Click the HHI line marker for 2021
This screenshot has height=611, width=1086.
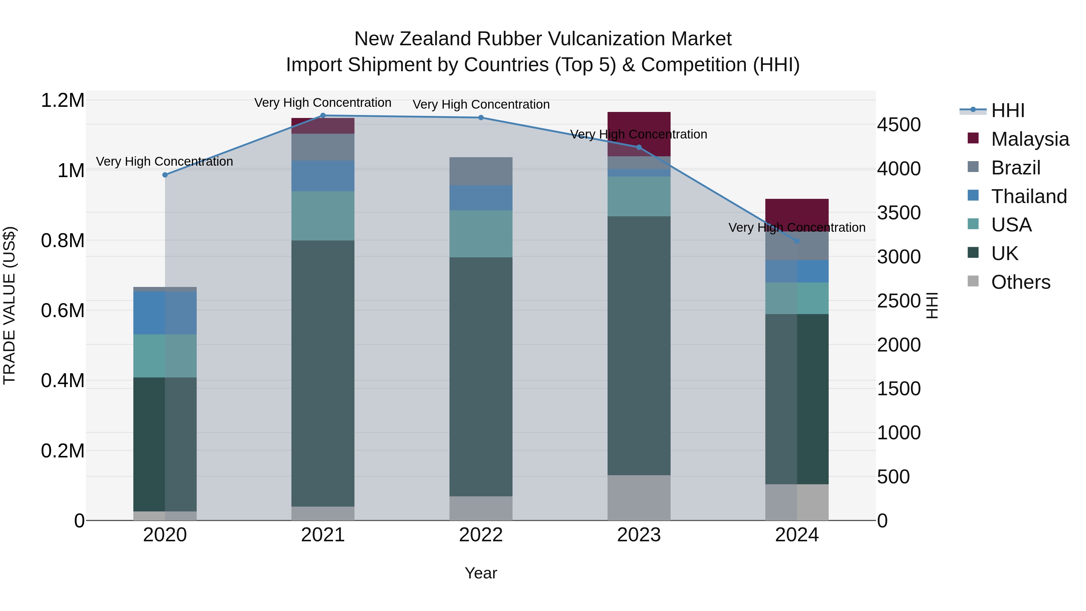[x=323, y=115]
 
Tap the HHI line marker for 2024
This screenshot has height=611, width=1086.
[x=797, y=241]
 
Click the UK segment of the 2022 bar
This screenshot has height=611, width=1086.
[x=481, y=377]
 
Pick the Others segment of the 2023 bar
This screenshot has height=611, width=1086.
[x=639, y=498]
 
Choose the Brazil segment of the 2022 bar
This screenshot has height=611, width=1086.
[x=481, y=171]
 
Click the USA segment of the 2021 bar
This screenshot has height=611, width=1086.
[x=323, y=216]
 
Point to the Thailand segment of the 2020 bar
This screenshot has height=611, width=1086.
[x=165, y=313]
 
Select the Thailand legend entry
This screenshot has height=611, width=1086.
[x=1029, y=196]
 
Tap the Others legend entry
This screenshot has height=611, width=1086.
[x=1020, y=282]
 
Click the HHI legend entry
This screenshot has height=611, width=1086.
[x=1008, y=110]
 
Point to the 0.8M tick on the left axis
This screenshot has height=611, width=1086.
[x=62, y=241]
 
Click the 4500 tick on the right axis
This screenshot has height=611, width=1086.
[x=899, y=125]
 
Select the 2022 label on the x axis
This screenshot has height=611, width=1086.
[x=481, y=535]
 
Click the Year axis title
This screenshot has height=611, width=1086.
[x=481, y=573]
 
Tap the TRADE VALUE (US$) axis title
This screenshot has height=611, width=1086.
[x=9, y=305]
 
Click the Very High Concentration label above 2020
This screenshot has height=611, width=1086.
[x=164, y=161]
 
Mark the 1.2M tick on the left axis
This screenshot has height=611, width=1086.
[x=62, y=101]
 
